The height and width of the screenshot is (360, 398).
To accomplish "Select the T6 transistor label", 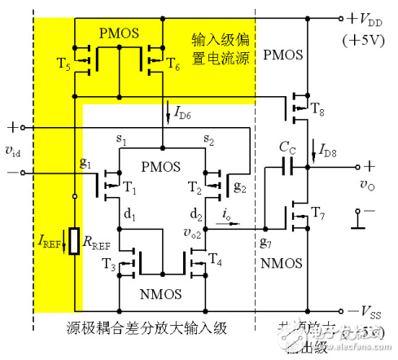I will coord(172,64).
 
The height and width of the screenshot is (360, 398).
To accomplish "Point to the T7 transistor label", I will coord(317,214).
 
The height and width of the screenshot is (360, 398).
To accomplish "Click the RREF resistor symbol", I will coord(74,243).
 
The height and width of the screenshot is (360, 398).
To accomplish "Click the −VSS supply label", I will coord(364,312).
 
